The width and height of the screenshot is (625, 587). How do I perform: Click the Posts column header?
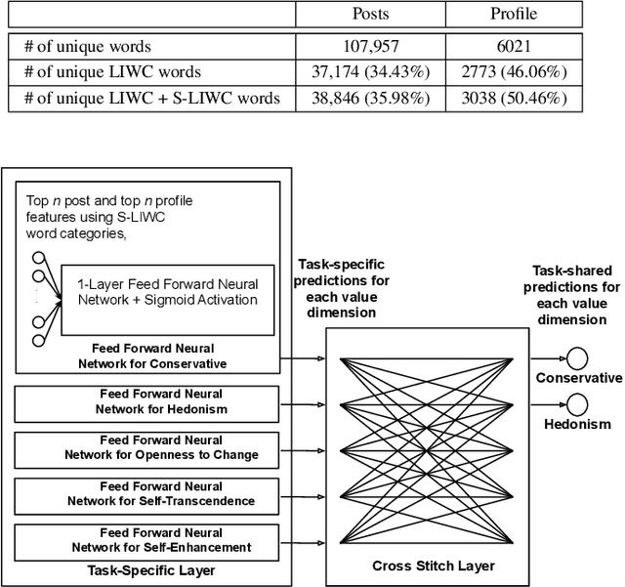pyautogui.click(x=371, y=15)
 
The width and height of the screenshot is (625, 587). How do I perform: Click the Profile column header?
pyautogui.click(x=514, y=15)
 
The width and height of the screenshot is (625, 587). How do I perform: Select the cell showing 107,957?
pyautogui.click(x=371, y=46)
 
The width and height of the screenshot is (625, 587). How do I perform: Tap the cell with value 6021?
pyautogui.click(x=514, y=46)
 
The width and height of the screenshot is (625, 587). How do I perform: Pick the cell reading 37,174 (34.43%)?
pyautogui.click(x=371, y=71)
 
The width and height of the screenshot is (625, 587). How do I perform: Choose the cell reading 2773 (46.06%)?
pyautogui.click(x=514, y=71)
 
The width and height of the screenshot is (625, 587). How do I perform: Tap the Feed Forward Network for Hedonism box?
pyautogui.click(x=146, y=401)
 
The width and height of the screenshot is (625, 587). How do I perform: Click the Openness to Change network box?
pyautogui.click(x=146, y=447)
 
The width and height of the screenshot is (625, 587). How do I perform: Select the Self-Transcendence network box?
pyautogui.click(x=146, y=493)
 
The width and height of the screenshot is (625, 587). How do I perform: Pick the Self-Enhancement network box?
pyautogui.click(x=146, y=539)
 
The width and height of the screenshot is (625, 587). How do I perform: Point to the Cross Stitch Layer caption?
pyautogui.click(x=433, y=566)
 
